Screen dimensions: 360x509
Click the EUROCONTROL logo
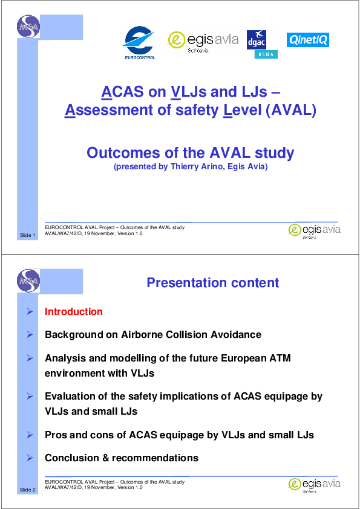(x=139, y=43)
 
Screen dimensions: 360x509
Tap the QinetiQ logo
(x=308, y=40)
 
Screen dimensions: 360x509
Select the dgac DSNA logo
(x=262, y=45)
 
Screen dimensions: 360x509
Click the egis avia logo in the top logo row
(x=203, y=42)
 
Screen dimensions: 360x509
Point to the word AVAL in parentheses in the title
(x=290, y=110)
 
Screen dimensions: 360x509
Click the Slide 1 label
(x=27, y=235)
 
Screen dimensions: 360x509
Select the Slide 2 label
(x=27, y=490)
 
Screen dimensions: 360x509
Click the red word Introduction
(x=74, y=312)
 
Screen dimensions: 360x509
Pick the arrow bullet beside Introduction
(x=30, y=312)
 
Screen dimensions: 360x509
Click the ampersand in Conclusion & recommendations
(x=106, y=458)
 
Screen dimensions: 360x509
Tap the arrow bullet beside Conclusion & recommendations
(x=30, y=458)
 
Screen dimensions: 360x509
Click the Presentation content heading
(x=213, y=283)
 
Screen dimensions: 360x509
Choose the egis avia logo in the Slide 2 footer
(x=314, y=485)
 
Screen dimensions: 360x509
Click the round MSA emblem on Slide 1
(x=28, y=26)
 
